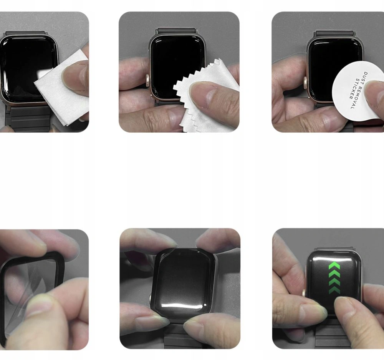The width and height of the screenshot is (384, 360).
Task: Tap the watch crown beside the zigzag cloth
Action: click(x=148, y=81)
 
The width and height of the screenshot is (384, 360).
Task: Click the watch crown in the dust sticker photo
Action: click(x=306, y=83)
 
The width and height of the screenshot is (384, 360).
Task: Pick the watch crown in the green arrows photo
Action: click(x=304, y=293)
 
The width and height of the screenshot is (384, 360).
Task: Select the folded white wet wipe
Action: click(x=63, y=88)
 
